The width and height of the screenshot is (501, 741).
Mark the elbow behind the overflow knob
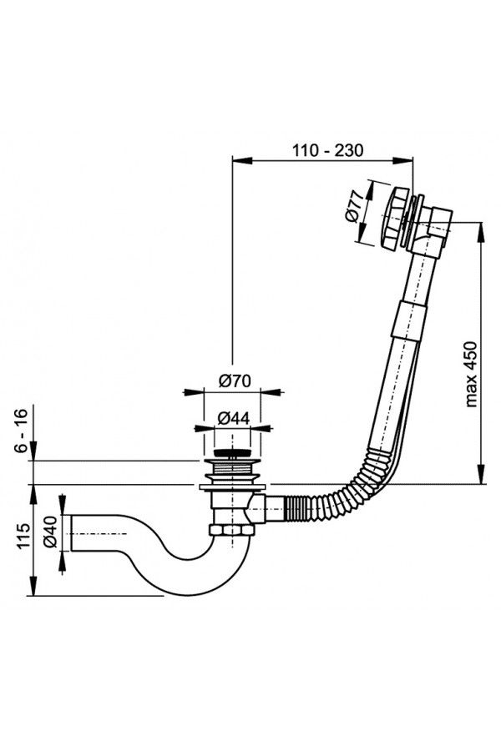coord(434,233)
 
